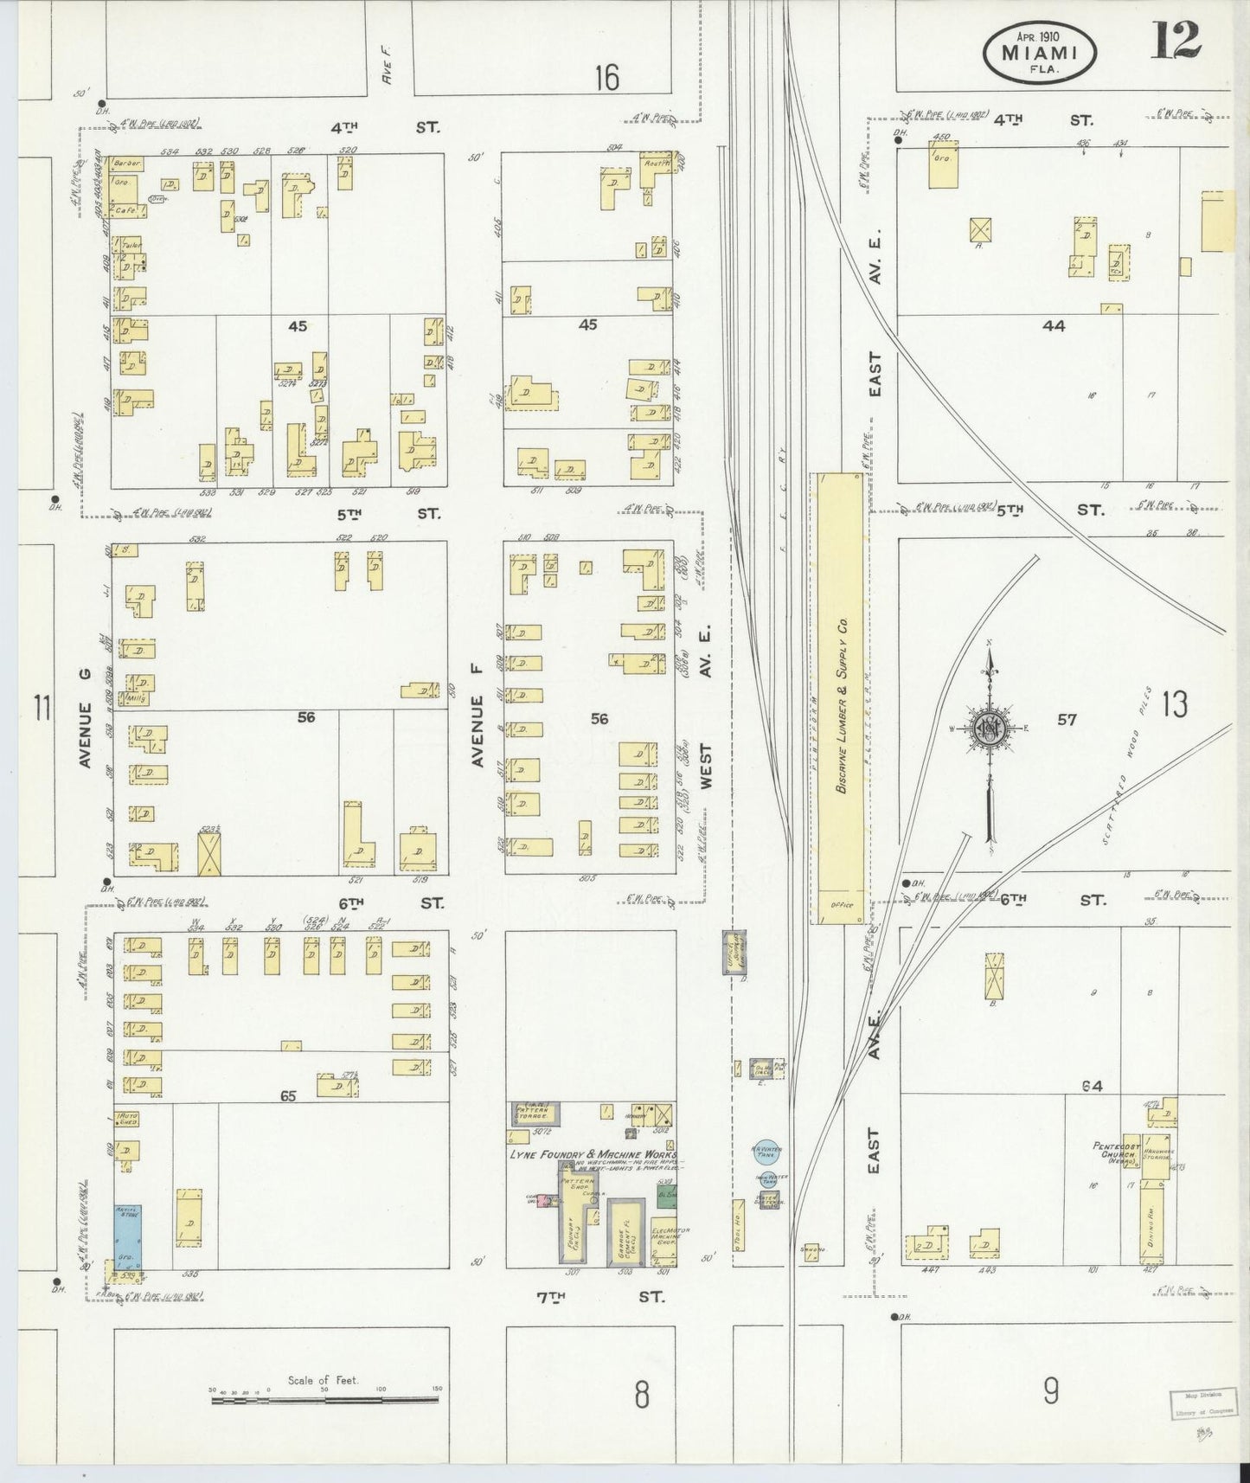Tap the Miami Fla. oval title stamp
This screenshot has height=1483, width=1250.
pos(1040,54)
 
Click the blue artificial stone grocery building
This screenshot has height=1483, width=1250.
pos(129,1233)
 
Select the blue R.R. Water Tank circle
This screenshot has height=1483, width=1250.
pos(767,1152)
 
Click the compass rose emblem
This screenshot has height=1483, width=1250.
pos(989,728)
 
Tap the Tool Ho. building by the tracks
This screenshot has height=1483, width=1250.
pos(739,1225)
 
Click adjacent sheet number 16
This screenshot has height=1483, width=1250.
pos(606,79)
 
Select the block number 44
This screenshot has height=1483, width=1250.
pos(1054,326)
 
